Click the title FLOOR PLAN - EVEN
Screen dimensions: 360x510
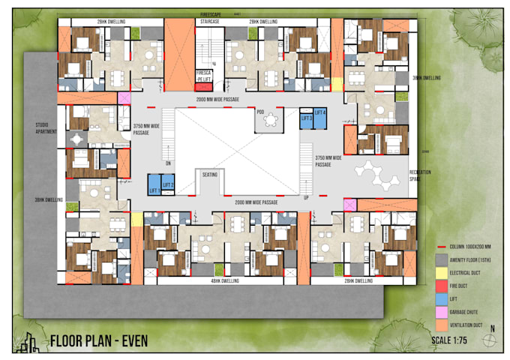pyautogui.click(x=98, y=341)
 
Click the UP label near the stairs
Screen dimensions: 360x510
pyautogui.click(x=306, y=197)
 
